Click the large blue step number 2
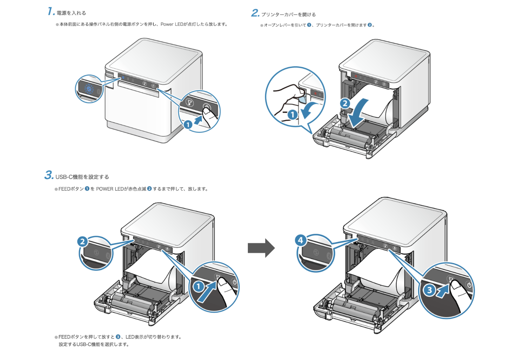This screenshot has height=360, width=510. [x=255, y=13]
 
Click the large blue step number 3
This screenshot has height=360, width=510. [x=49, y=175]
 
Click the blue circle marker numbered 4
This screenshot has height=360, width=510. [x=300, y=240]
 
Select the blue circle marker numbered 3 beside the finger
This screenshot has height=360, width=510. [x=429, y=290]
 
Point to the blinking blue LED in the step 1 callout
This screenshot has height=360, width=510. [x=89, y=89]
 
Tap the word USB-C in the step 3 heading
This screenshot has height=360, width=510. [x=64, y=177]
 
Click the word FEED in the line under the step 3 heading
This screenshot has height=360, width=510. [x=64, y=189]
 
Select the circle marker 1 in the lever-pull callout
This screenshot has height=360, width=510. [x=292, y=114]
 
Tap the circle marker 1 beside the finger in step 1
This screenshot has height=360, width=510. [x=188, y=125]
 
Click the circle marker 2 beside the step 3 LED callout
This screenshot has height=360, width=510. [x=82, y=241]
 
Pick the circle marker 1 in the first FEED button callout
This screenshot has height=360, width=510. [x=199, y=286]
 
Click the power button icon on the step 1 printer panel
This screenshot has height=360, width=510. [x=153, y=86]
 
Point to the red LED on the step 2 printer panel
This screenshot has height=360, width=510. [x=356, y=76]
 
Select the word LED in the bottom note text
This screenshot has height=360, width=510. [x=130, y=337]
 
